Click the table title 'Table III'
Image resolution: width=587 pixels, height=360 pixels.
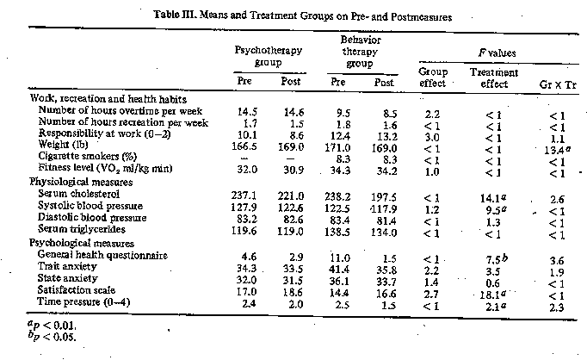(175, 15)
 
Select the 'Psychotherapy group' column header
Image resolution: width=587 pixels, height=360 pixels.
(268, 56)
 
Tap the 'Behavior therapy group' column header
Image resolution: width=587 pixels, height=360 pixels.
(360, 52)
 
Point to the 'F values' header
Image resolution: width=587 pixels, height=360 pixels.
(497, 53)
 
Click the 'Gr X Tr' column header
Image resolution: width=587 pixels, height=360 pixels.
(558, 84)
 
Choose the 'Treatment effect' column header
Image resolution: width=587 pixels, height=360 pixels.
(494, 78)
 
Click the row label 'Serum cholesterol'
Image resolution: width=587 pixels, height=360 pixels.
(79, 194)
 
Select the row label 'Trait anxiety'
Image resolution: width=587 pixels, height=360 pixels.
(67, 266)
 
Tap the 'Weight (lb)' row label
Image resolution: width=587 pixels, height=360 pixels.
(63, 144)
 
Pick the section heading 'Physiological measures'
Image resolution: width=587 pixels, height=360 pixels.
(81, 182)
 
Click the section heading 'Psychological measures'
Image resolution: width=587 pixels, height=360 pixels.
(81, 243)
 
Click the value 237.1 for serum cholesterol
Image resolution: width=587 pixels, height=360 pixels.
(244, 196)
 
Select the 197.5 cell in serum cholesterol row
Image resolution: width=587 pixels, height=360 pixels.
(384, 197)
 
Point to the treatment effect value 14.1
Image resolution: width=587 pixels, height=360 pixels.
(493, 197)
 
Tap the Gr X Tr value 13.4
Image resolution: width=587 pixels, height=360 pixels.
(557, 150)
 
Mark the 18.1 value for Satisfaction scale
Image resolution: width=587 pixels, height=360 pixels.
(493, 295)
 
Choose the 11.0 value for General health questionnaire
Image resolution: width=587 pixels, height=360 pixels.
(340, 258)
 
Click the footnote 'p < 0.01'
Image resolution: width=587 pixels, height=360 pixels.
(52, 325)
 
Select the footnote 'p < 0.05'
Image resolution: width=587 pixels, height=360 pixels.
(52, 336)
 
